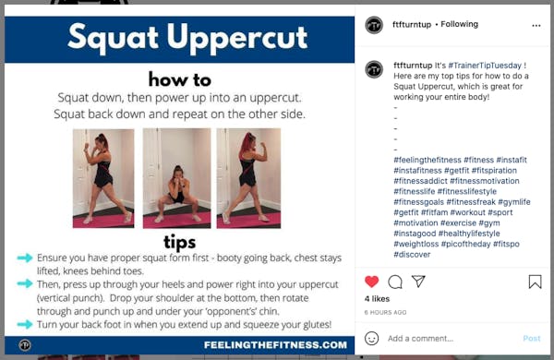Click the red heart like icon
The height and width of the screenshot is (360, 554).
[371, 282]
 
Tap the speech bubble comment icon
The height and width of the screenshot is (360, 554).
[394, 282]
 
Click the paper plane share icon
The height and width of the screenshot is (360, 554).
[418, 282]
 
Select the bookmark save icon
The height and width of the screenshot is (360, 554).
[535, 282]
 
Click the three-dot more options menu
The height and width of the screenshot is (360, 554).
[536, 26]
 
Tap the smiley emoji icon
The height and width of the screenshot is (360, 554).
[372, 338]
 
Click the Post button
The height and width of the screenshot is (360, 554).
[532, 338]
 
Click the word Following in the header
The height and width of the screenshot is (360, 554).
[459, 24]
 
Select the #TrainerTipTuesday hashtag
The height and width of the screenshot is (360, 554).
[485, 66]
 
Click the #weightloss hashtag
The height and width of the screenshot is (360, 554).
[415, 244]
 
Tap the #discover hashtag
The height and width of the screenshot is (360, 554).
[412, 255]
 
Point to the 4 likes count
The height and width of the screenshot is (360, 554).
[377, 299]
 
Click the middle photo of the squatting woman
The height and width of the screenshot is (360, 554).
[176, 178]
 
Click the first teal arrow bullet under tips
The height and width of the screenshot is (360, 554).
[25, 258]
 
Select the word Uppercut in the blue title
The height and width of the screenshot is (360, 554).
[237, 38]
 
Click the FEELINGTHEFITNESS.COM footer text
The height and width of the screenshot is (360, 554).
[275, 345]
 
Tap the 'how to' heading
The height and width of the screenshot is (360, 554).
[180, 79]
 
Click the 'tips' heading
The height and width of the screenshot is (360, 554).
[179, 242]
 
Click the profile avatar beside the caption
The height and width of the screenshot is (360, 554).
[374, 69]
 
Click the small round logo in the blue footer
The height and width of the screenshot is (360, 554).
[25, 345]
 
